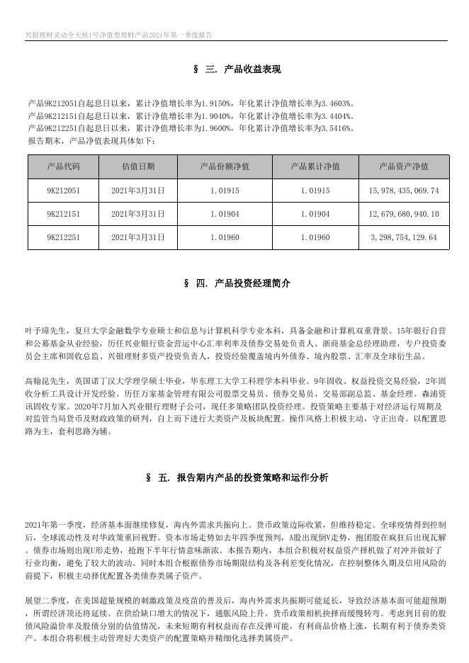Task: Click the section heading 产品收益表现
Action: [x=252, y=69]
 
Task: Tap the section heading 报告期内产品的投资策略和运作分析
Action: [x=252, y=478]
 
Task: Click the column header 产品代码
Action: [x=63, y=167]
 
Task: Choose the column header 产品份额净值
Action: [x=225, y=167]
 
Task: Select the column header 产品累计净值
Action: [x=315, y=167]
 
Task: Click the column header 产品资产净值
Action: [x=404, y=167]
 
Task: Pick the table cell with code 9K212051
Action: [x=63, y=191]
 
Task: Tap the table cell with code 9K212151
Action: [x=63, y=214]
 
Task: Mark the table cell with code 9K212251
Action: [x=63, y=237]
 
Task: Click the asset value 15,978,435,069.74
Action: [x=404, y=191]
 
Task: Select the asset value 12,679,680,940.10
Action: [x=404, y=214]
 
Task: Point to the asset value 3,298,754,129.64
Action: [x=404, y=237]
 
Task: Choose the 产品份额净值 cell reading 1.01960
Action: [x=225, y=237]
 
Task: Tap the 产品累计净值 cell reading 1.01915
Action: [x=315, y=191]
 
